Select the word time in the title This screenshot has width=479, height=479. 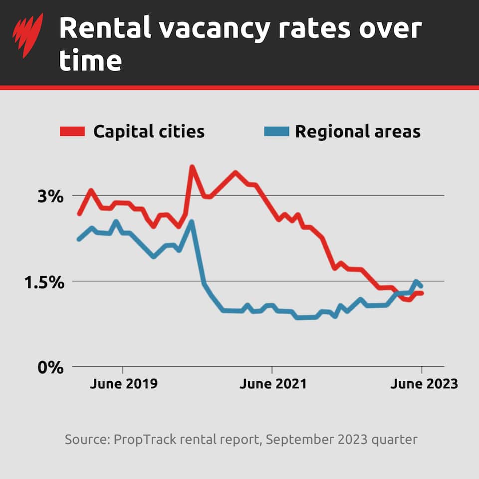coord(90,61)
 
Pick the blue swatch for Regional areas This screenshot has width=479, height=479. coord(275,132)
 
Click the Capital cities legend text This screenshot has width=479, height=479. coord(149,132)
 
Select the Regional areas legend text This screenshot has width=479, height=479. coord(358,132)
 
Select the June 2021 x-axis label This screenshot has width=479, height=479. coord(272,384)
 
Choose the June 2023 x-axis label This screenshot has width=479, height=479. coord(424,384)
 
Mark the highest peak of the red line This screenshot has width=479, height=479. coord(192,167)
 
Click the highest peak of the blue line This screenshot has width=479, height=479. coord(191,222)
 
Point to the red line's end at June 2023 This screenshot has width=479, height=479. coord(422,293)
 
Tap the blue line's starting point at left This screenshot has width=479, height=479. coord(79,239)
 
